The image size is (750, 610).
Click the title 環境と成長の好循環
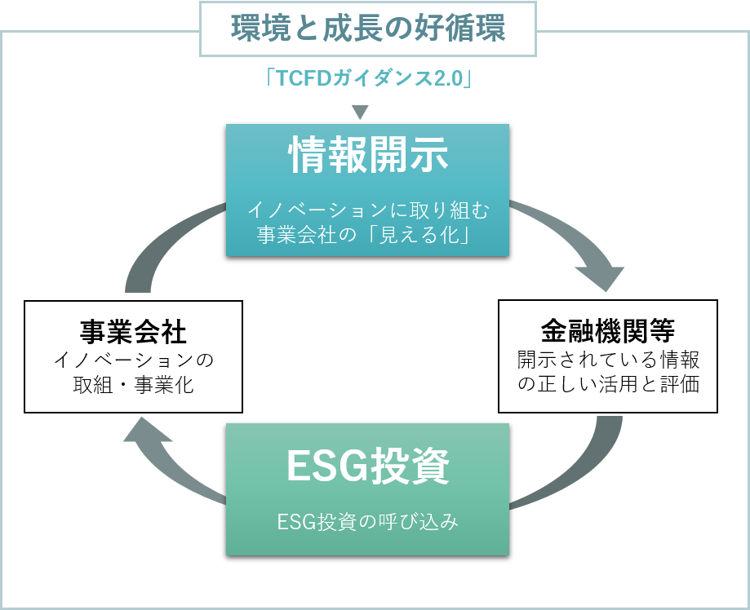point(368,29)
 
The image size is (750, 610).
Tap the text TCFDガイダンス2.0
point(370,79)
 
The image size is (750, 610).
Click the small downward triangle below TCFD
point(360,112)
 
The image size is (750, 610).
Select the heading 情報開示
point(368,155)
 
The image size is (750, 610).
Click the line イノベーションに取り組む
point(368,211)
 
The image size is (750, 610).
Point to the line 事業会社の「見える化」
point(368,236)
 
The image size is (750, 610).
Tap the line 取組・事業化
point(133,384)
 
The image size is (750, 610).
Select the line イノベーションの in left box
point(133,359)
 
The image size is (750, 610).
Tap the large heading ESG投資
point(368,466)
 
